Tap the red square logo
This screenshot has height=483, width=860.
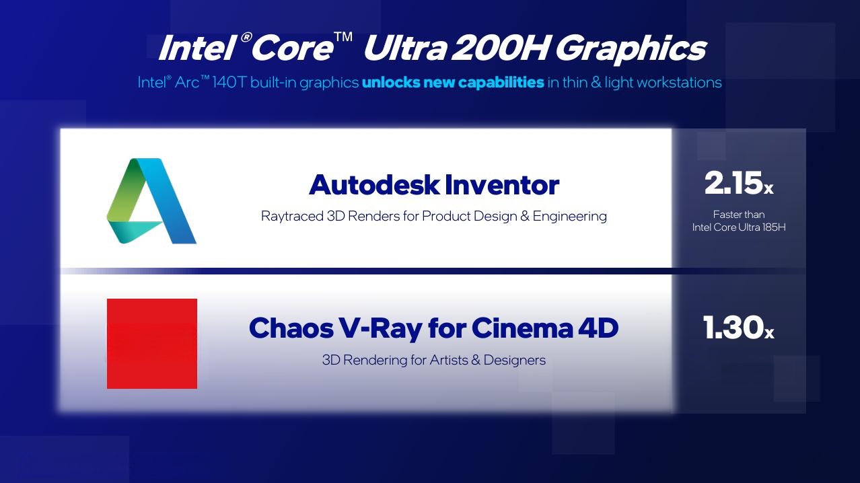click(152, 344)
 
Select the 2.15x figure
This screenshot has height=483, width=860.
click(739, 183)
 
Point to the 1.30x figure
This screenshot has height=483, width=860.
click(738, 328)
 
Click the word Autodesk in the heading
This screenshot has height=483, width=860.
click(374, 185)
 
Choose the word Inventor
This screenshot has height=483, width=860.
click(502, 185)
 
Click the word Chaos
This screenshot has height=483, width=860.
click(291, 328)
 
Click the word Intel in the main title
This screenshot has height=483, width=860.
click(196, 48)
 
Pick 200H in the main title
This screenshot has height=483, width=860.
click(499, 48)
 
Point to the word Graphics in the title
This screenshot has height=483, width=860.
click(631, 50)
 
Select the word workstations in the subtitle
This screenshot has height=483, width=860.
click(679, 82)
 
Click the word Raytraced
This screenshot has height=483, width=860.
click(292, 217)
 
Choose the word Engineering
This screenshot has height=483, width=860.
click(570, 217)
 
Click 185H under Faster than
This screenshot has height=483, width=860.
click(774, 227)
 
